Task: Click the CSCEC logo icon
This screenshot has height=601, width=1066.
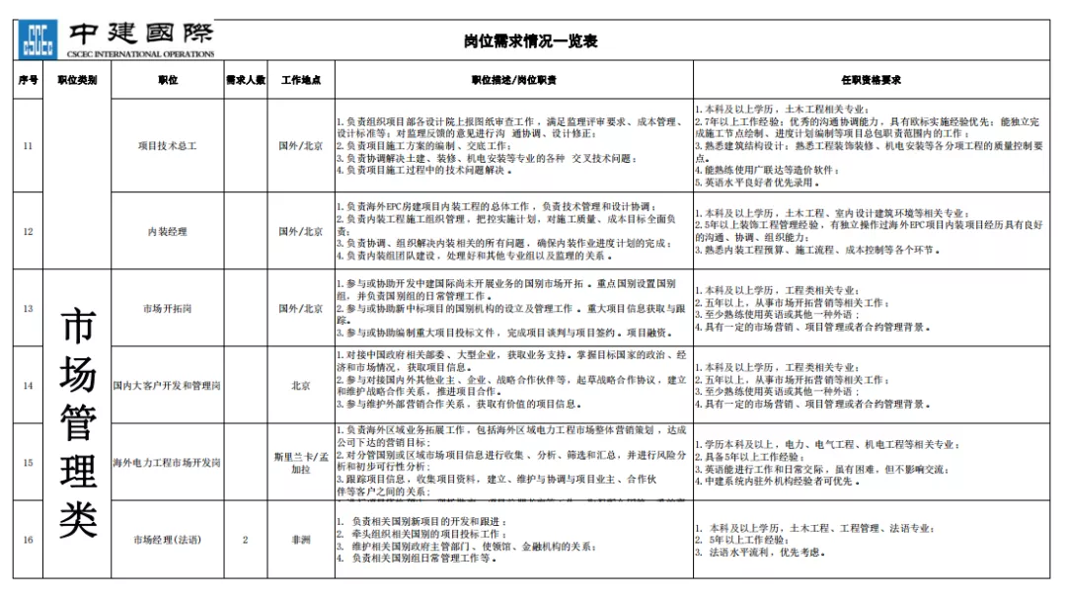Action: click(37, 38)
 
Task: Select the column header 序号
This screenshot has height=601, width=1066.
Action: click(28, 80)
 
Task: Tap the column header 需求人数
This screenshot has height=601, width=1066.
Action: click(245, 80)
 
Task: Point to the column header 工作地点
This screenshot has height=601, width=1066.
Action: click(300, 80)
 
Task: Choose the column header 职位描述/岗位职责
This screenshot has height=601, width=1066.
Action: click(513, 80)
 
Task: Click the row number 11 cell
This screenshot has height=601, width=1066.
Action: click(28, 145)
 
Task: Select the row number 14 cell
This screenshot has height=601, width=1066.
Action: click(28, 386)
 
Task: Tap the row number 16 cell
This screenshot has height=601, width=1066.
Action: click(28, 540)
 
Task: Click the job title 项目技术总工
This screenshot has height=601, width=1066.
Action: click(167, 145)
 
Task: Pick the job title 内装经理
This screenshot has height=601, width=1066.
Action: click(167, 231)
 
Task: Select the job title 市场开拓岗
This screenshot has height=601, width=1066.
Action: click(167, 309)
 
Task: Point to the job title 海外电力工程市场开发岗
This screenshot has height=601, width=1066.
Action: click(167, 463)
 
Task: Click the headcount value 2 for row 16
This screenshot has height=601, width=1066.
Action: click(245, 540)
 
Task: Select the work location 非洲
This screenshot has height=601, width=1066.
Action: click(300, 540)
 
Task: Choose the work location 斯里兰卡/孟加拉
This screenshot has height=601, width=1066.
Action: click(300, 463)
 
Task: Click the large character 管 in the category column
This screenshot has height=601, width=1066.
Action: click(78, 424)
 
